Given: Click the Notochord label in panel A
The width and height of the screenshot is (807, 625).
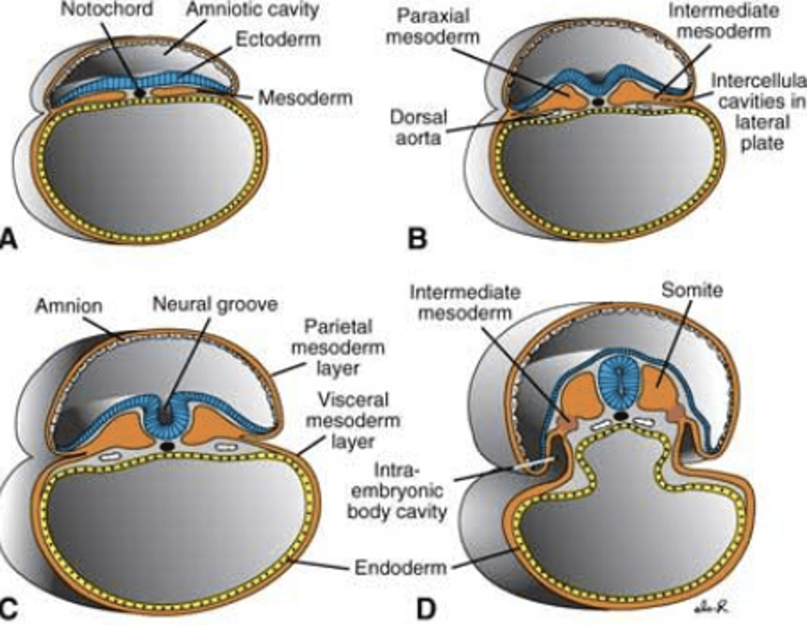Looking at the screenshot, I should [106, 10].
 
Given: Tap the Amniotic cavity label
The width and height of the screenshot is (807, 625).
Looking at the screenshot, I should [253, 10].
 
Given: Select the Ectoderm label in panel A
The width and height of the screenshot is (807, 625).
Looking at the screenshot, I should [278, 40].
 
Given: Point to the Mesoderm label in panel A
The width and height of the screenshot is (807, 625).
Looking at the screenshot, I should [305, 98].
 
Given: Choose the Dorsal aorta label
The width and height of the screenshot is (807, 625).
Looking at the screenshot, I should [419, 127].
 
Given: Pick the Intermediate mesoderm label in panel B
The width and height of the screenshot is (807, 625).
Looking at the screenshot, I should [723, 21].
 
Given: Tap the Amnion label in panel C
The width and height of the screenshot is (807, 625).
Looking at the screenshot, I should [68, 306].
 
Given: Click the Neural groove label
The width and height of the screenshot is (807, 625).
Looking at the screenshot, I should [215, 304].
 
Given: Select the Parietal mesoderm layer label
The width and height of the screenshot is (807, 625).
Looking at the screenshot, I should [338, 347].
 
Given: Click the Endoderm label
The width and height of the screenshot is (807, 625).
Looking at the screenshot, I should [401, 567].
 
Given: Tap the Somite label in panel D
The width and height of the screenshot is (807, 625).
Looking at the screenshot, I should [692, 290].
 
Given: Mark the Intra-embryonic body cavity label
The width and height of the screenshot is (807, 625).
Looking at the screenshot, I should [397, 491].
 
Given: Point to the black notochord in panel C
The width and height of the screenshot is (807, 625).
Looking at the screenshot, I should [166, 446].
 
